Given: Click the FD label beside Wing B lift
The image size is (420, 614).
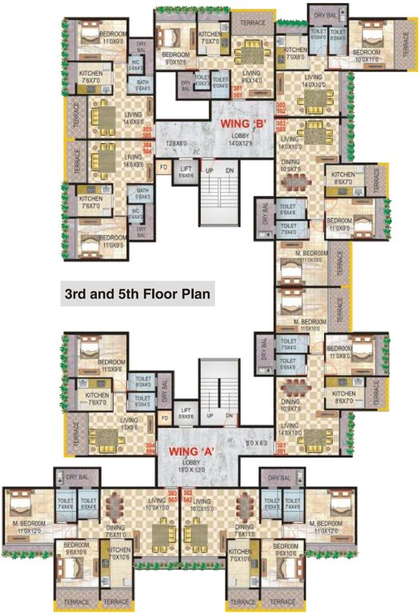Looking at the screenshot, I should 163,167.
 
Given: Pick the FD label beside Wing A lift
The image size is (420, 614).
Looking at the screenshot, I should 163,417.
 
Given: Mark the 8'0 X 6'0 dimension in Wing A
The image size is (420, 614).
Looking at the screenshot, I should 255,441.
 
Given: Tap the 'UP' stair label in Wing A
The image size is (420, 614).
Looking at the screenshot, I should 210,416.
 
